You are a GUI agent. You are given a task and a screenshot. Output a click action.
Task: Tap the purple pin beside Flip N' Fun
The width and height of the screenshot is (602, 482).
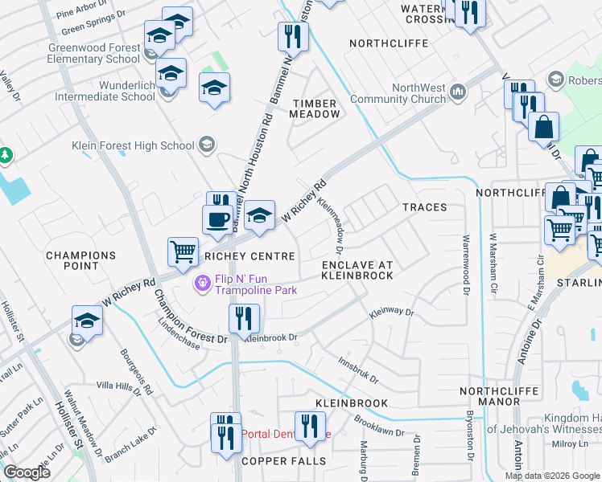coord(201,284)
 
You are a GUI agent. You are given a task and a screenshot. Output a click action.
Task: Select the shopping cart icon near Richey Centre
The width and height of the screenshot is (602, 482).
coord(183,251)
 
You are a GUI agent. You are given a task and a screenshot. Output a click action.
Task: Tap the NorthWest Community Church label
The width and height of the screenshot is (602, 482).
coord(419,94)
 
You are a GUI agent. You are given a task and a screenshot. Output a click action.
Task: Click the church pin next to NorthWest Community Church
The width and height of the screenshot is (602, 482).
coord(458,92)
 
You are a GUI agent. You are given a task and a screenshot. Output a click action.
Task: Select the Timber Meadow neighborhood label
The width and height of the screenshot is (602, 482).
coord(316,108)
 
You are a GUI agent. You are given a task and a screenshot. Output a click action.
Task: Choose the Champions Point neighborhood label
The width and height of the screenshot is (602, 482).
coord(80,260)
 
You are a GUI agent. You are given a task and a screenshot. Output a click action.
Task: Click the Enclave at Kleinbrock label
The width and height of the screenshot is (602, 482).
coord(357,270)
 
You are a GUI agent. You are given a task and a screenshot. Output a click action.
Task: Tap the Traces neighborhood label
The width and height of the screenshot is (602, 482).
coord(424,207)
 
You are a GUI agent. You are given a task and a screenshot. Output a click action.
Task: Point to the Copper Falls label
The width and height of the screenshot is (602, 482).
coord(285,461)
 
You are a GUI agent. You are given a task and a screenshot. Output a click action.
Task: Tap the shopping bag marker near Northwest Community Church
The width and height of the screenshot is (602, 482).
coord(544,127)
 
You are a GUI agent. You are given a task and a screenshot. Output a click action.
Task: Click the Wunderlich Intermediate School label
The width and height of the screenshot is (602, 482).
coord(105,90)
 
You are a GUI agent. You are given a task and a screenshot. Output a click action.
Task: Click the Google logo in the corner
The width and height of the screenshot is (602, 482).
coord(27,472)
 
